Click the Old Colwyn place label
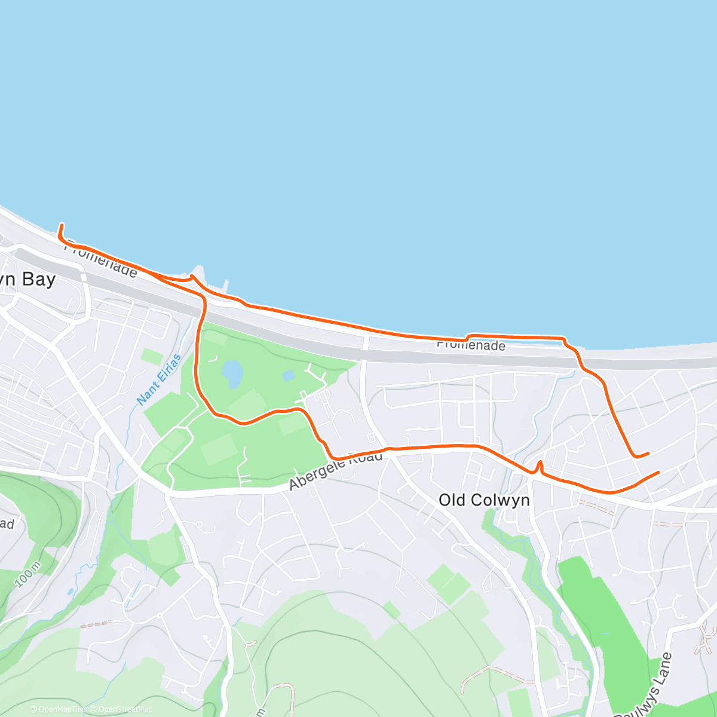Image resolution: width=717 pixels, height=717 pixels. pos(484,500)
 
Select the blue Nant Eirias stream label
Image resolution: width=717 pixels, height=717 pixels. pos(160,379)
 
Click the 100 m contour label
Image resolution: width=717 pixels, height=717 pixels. pos(28,574)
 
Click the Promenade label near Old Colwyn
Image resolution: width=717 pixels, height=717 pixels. pos(471,345)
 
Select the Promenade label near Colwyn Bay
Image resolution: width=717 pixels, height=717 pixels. pos(100,259)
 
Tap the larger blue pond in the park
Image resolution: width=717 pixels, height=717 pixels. pos(232,373)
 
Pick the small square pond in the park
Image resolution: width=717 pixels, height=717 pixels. pos(288,376)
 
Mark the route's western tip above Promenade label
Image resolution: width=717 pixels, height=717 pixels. pos(61,226)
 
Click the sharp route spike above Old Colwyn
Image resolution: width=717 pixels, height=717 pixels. pos(540,462)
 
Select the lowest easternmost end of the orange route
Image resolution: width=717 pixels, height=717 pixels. pos(658,473)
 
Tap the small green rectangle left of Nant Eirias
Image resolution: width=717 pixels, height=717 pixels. pos(152,357)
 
